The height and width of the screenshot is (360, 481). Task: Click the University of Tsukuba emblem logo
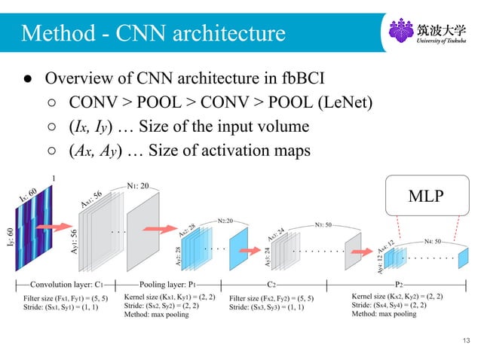(400, 32)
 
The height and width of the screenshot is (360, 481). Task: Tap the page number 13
(467, 343)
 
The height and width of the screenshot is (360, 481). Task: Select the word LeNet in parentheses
(346, 102)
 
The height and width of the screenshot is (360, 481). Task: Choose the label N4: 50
(434, 241)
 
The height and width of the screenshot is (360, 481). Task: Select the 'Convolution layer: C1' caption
(66, 286)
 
